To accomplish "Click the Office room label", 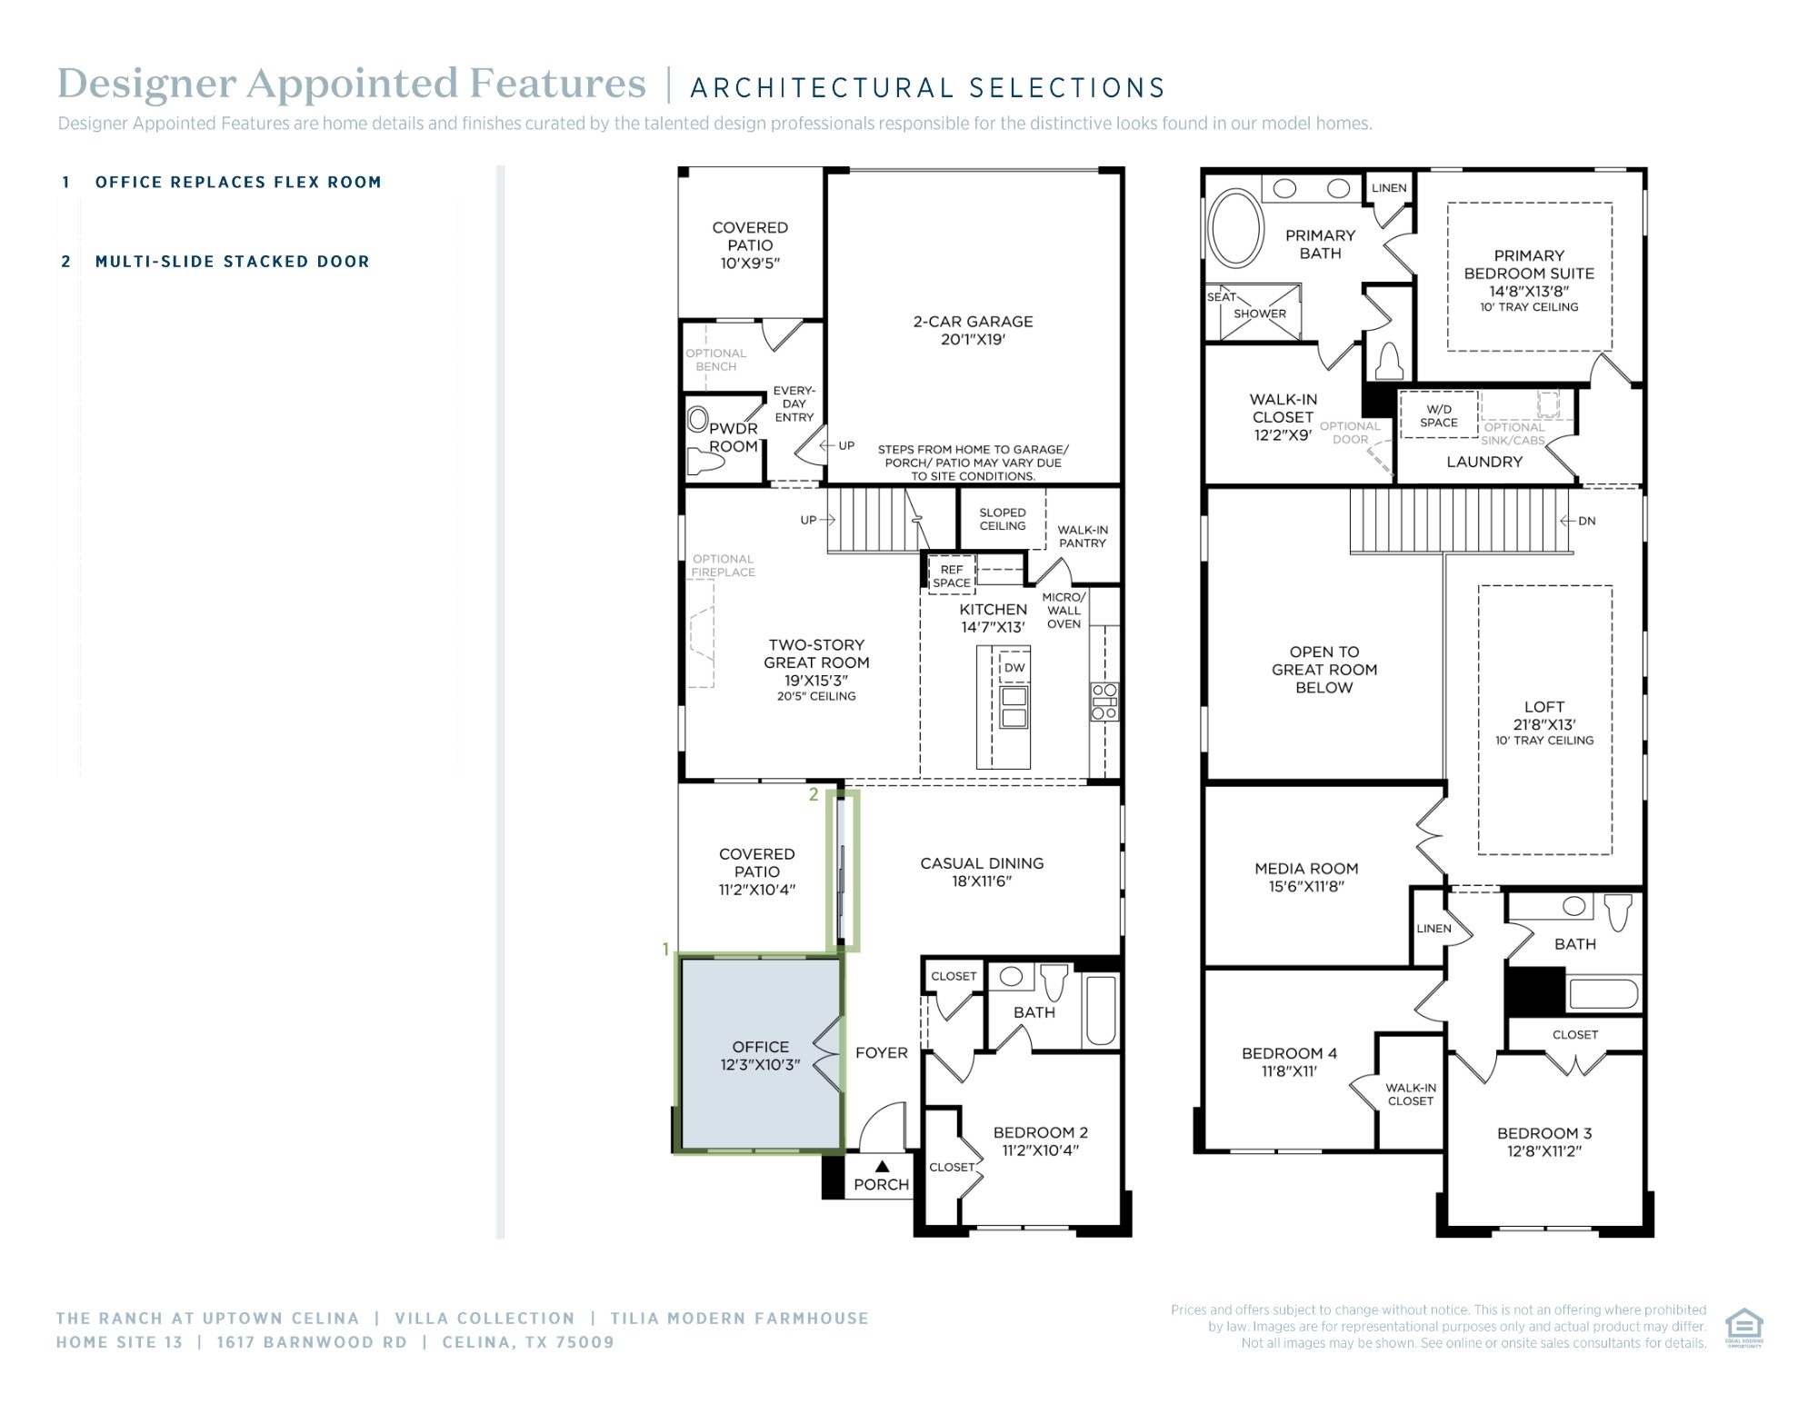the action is pyautogui.click(x=761, y=1056).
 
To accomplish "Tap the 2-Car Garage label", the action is pyautogui.click(x=973, y=330).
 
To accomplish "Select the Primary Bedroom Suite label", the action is pyautogui.click(x=1529, y=280).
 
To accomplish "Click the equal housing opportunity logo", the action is pyautogui.click(x=1743, y=1328).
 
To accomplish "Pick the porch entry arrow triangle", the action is pyautogui.click(x=882, y=1166).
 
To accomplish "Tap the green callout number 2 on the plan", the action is pyautogui.click(x=814, y=794).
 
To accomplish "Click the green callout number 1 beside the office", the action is pyautogui.click(x=665, y=950).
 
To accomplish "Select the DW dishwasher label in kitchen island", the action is pyautogui.click(x=1014, y=668).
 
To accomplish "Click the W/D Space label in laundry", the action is pyautogui.click(x=1438, y=416).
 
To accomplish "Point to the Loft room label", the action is pyautogui.click(x=1544, y=722).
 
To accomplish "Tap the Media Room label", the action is pyautogui.click(x=1306, y=877).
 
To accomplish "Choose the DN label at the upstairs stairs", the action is pyautogui.click(x=1587, y=521).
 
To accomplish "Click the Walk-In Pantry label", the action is pyautogui.click(x=1082, y=536).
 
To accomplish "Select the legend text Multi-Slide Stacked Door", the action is pyautogui.click(x=232, y=262).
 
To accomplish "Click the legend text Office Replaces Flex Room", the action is pyautogui.click(x=238, y=182).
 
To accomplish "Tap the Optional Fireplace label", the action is pyautogui.click(x=723, y=565).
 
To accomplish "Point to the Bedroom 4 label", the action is pyautogui.click(x=1289, y=1061).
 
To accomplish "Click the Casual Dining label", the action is pyautogui.click(x=982, y=871).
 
